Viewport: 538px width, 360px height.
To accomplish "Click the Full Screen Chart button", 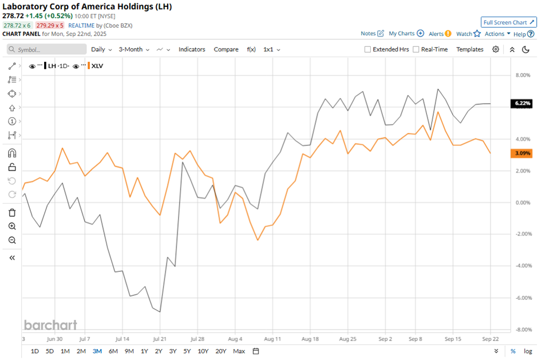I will point(508,22).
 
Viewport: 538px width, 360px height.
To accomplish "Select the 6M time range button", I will point(113,351).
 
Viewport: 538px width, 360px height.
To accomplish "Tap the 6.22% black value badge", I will point(523,104).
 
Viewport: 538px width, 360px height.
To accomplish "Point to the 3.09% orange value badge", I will point(523,153).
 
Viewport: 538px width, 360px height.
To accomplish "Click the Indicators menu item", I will point(192,49).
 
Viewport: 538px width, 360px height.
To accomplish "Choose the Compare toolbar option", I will point(226,49).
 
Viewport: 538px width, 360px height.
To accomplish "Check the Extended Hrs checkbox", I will point(368,50).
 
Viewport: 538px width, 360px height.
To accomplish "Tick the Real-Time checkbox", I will point(416,50).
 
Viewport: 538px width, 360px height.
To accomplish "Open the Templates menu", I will point(470,49).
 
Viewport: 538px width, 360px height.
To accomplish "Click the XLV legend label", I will point(97,66).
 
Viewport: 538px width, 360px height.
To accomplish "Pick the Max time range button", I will point(239,351).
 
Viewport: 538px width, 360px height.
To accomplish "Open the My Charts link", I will point(406,34).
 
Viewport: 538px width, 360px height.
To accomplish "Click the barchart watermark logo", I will point(50,325).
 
